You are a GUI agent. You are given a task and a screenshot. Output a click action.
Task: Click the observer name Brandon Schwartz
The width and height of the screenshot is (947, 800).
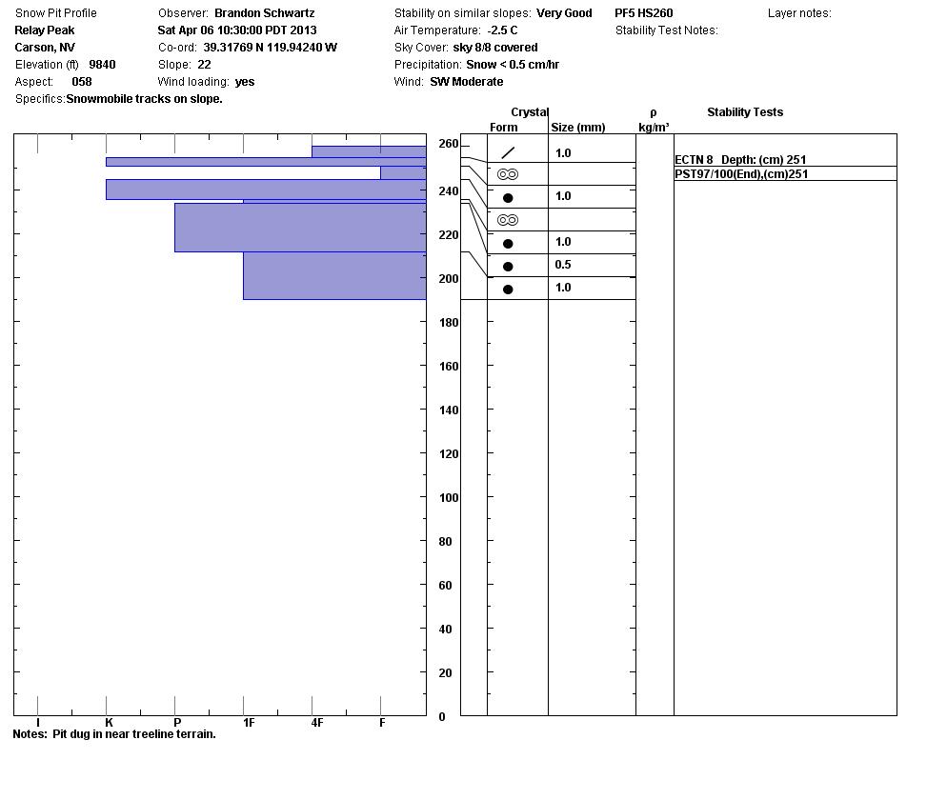point(264,13)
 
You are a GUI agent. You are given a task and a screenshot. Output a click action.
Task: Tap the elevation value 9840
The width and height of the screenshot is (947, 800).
point(102,65)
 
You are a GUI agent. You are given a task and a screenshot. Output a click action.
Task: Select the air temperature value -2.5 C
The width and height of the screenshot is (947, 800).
point(502,30)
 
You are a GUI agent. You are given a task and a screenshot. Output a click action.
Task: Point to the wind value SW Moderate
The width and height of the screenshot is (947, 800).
point(466,82)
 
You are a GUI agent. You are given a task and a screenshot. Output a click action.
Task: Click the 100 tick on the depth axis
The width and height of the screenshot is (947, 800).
point(447,498)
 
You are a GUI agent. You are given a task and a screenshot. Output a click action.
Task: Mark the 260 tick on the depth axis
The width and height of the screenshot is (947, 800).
point(447,144)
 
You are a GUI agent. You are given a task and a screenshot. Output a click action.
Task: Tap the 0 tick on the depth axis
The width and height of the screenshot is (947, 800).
point(441,717)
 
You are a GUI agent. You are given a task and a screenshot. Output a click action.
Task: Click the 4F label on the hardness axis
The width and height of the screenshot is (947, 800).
point(317,723)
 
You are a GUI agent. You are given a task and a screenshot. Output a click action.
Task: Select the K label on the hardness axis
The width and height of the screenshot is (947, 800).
point(109,723)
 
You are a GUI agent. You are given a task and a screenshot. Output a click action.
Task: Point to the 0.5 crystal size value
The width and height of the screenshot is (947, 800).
point(563,265)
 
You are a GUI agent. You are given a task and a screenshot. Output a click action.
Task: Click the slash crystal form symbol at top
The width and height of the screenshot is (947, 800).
point(508,152)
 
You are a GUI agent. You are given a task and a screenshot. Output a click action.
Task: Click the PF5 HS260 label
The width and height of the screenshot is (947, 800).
point(643,13)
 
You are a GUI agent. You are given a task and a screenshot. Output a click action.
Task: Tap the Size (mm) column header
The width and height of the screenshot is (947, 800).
point(577,128)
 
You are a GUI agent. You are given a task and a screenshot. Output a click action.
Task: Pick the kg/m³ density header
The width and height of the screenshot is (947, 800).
point(654,128)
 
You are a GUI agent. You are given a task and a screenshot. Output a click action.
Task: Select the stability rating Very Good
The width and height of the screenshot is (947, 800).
point(564,13)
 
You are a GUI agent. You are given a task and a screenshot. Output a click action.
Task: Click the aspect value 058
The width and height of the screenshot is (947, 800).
point(82,82)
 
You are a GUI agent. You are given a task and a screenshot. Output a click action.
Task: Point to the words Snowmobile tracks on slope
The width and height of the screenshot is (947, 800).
point(144,99)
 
